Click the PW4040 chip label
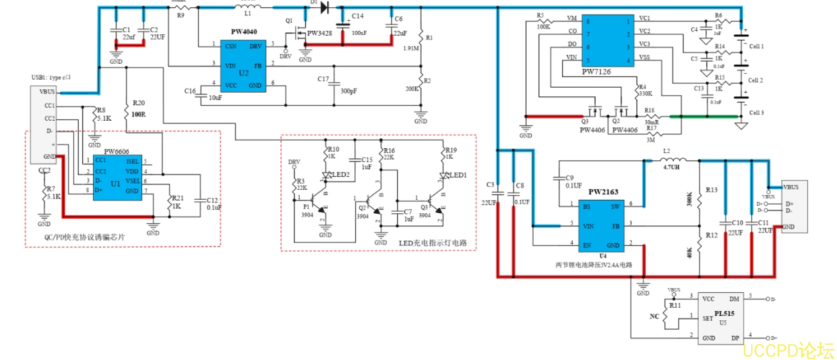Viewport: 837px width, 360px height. pyautogui.click(x=243, y=32)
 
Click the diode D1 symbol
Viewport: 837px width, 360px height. pyautogui.click(x=326, y=7)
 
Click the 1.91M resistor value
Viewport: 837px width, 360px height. pyautogui.click(x=412, y=48)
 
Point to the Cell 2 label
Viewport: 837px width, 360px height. pyautogui.click(x=756, y=80)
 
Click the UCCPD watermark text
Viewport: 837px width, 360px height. pyautogui.click(x=788, y=351)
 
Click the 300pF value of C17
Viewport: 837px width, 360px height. pyautogui.click(x=349, y=91)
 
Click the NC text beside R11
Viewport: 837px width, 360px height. pyautogui.click(x=655, y=315)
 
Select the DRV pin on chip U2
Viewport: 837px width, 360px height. pyautogui.click(x=256, y=46)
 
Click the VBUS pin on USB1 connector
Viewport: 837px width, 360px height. pyautogui.click(x=48, y=92)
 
